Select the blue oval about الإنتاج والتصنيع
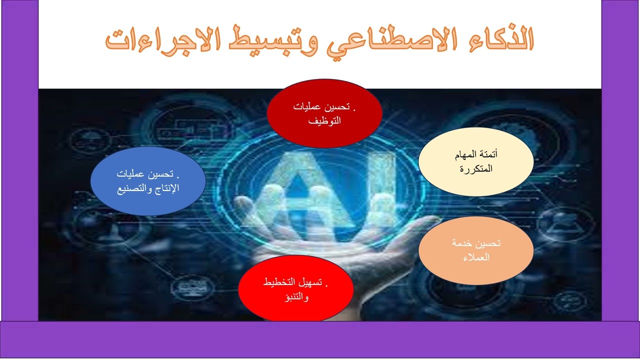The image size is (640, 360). (148, 181)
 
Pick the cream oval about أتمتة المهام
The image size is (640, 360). (475, 161)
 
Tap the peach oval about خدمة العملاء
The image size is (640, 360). (475, 250)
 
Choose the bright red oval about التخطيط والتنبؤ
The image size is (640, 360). (295, 289)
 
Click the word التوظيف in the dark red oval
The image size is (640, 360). (324, 120)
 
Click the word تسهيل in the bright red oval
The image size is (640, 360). (314, 282)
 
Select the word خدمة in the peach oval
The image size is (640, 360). (460, 243)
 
